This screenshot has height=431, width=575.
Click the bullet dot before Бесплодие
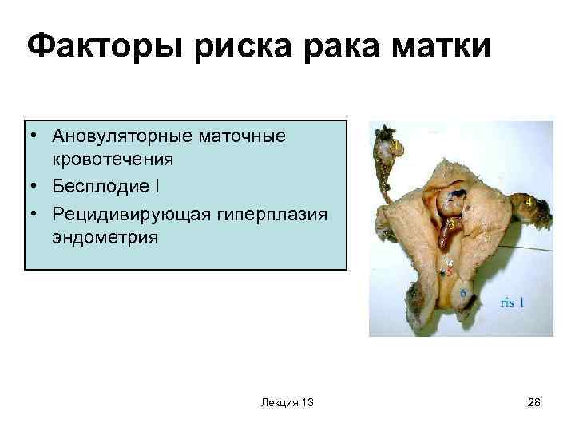(37, 188)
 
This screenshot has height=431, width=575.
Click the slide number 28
(534, 404)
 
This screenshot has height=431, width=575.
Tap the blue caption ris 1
(512, 302)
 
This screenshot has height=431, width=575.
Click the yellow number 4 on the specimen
(529, 203)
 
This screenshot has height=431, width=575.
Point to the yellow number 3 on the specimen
(452, 226)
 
